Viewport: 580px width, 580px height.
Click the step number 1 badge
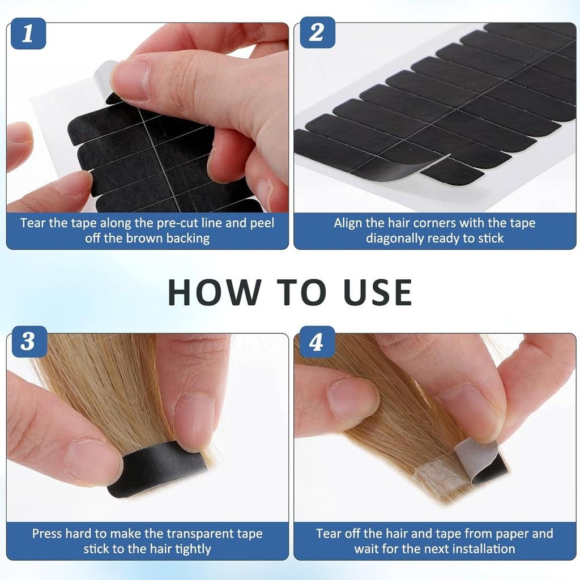28,33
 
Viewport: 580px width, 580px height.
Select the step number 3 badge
28,342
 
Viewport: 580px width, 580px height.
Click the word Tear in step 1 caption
33,223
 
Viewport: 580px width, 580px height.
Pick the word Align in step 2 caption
347,223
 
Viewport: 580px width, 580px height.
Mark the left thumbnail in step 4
352,398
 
